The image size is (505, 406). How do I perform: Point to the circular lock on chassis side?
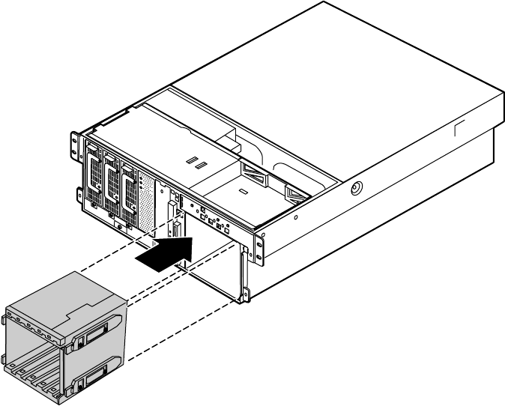354,187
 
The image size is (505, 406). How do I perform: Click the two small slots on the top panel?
196,163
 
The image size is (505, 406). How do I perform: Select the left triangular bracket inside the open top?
256,178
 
